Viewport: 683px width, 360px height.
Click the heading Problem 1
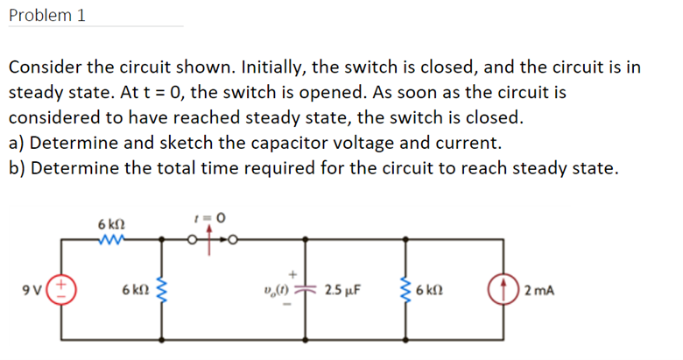(47, 16)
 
